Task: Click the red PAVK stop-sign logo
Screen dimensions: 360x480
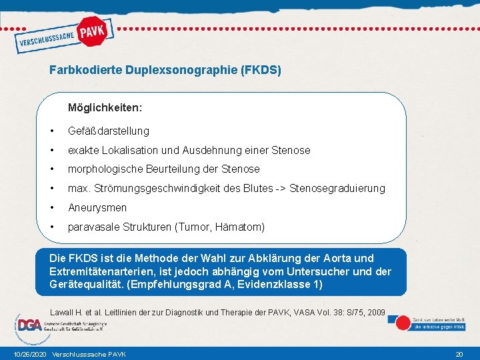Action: coord(93,31)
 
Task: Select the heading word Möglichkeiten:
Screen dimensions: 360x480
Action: coord(105,107)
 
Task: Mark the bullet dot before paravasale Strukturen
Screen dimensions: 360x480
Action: coord(52,227)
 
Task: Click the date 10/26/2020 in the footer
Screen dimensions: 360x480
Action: coord(29,354)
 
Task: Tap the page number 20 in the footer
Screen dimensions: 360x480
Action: coord(459,354)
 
